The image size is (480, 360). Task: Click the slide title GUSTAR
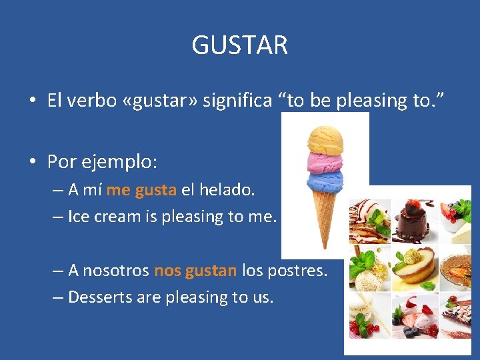tap(240, 45)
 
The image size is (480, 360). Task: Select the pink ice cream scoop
tap(324, 163)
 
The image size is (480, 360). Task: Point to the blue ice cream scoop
tap(325, 181)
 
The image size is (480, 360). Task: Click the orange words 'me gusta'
tap(141, 190)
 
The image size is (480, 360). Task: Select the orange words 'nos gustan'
tap(195, 271)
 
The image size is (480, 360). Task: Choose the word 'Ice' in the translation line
tap(78, 217)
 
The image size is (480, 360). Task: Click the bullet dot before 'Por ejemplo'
tap(32, 162)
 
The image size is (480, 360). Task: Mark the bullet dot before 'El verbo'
tap(32, 101)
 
